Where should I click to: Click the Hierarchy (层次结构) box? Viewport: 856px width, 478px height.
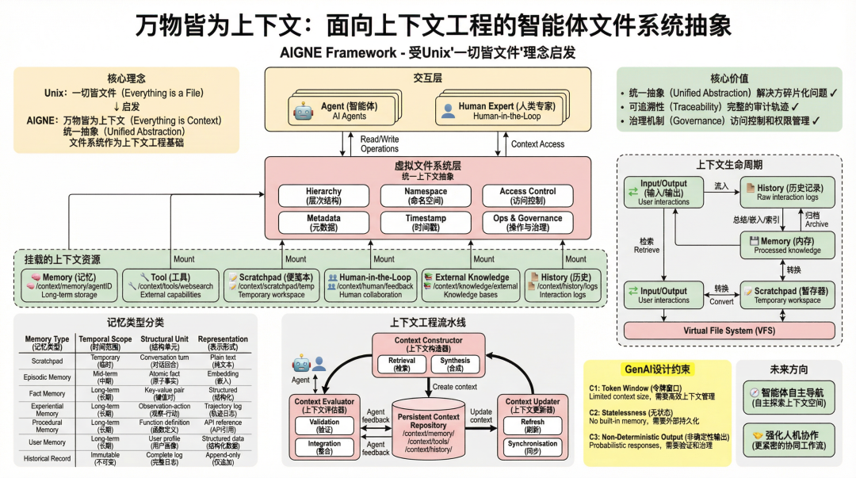[323, 196]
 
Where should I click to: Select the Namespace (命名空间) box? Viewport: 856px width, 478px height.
[426, 196]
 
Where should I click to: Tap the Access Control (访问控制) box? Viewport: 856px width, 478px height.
[527, 196]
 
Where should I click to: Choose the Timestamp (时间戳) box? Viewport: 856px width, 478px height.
[426, 223]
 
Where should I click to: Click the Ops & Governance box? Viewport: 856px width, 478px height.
[527, 223]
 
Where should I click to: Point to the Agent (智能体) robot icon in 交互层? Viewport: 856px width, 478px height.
[303, 112]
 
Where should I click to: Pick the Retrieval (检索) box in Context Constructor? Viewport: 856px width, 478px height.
[402, 364]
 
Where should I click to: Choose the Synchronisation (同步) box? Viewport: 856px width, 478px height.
[532, 448]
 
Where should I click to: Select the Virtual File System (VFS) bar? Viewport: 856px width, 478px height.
[729, 330]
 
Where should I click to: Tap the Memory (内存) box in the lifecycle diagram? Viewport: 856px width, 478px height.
[787, 245]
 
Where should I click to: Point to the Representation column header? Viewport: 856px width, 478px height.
[223, 342]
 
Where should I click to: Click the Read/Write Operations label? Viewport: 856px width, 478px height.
[379, 143]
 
